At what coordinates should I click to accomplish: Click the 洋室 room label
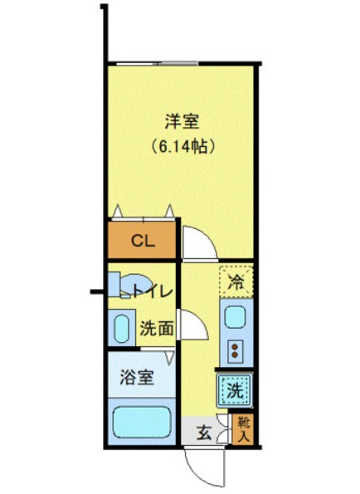click(180, 121)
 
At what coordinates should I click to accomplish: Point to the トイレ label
click(153, 291)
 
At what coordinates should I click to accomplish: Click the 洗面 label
click(155, 328)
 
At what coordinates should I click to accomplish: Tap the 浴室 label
click(139, 378)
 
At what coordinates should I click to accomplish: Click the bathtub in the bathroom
click(141, 423)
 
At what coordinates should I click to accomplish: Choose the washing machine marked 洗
click(235, 388)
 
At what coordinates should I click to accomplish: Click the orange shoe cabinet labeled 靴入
click(243, 429)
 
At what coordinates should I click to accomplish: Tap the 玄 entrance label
click(203, 432)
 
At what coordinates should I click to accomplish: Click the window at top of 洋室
click(158, 64)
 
